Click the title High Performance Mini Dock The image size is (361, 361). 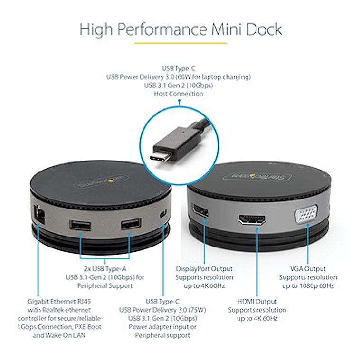(x=180, y=29)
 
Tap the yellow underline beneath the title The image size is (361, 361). (x=180, y=43)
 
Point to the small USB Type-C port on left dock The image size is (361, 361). (x=163, y=214)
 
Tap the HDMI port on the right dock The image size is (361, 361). (x=252, y=220)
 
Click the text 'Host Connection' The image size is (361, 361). (x=179, y=94)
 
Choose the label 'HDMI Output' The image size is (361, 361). (x=257, y=301)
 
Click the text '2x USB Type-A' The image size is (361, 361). (x=104, y=268)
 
